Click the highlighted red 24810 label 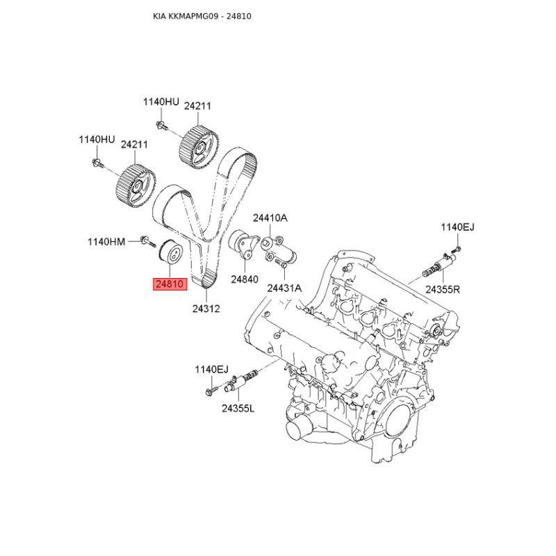click(170, 284)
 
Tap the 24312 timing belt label click(206, 309)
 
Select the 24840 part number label click(245, 279)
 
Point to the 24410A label click(270, 218)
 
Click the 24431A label click(284, 288)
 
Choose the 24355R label click(443, 290)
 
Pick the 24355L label click(238, 409)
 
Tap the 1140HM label click(106, 242)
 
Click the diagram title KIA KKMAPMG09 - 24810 click(202, 16)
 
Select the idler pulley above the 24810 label click(170, 252)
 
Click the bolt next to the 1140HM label click(148, 241)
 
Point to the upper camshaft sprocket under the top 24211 click(199, 146)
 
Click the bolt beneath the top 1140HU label click(162, 126)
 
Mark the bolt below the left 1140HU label click(97, 163)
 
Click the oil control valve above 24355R click(439, 266)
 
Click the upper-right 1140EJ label click(457, 227)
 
